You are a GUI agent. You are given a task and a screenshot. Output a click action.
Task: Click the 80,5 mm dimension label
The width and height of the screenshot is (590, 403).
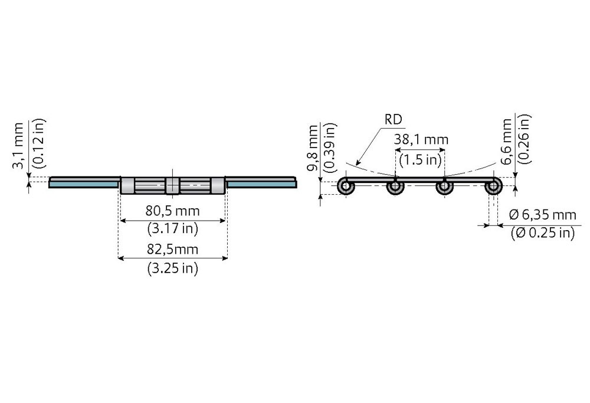pos(173,211)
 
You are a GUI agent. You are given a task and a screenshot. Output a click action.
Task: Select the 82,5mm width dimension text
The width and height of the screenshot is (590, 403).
pos(173,249)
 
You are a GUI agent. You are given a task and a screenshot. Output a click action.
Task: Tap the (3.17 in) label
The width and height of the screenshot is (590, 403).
pos(173,229)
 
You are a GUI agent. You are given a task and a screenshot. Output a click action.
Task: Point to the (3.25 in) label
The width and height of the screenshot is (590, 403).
pos(173,268)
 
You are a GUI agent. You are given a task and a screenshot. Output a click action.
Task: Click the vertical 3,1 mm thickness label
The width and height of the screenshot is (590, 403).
pos(18,145)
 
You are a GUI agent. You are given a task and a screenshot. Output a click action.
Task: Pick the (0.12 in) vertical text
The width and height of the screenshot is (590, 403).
pos(39,143)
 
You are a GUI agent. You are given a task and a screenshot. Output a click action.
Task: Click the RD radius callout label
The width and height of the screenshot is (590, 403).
pos(393,120)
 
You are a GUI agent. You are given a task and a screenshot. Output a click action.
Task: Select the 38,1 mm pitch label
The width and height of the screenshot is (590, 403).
pos(421,140)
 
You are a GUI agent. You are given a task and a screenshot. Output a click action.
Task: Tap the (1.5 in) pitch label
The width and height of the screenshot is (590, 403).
pos(420,160)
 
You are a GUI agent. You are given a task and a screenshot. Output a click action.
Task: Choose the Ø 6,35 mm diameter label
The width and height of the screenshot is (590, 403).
pos(542,215)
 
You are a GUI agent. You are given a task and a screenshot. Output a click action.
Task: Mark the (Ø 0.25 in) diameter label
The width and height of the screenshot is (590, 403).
pos(543,233)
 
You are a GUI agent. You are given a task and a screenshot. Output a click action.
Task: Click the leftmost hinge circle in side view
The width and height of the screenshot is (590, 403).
pos(346,186)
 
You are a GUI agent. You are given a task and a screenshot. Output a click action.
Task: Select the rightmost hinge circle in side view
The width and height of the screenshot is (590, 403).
pos(493,186)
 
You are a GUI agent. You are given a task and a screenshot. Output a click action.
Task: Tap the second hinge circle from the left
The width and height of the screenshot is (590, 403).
pos(395,186)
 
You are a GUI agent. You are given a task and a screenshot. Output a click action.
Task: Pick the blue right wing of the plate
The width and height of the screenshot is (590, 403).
pos(261,184)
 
